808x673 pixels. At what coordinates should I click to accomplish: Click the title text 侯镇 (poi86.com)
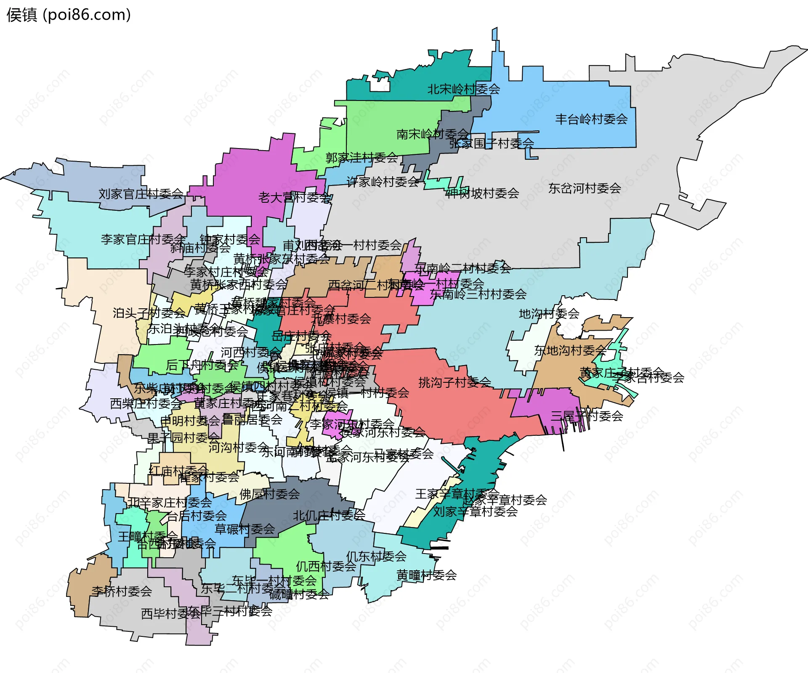(69, 15)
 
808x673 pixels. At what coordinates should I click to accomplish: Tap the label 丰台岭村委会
(591, 119)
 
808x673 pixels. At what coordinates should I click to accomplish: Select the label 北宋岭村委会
(463, 89)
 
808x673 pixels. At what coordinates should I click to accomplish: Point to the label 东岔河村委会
(584, 188)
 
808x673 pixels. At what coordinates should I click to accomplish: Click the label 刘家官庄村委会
(141, 194)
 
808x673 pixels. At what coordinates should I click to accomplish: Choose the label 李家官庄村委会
(143, 240)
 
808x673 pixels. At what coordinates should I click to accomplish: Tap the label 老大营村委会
(294, 198)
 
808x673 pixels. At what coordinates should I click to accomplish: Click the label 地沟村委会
(549, 314)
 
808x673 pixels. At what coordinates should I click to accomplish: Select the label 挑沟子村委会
(454, 382)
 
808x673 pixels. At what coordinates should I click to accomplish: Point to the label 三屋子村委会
(587, 416)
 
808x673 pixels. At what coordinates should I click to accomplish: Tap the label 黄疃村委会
(426, 575)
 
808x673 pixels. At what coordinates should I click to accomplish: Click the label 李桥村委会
(122, 591)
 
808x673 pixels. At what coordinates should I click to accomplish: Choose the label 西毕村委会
(170, 614)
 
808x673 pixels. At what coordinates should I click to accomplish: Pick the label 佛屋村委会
(269, 494)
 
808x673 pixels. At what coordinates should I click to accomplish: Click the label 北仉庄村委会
(329, 515)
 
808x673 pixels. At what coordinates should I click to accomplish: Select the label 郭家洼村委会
(361, 158)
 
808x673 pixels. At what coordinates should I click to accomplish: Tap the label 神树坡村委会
(482, 193)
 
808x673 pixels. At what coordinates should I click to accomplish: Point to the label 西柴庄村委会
(146, 404)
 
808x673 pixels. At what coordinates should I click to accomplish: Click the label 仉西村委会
(326, 566)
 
